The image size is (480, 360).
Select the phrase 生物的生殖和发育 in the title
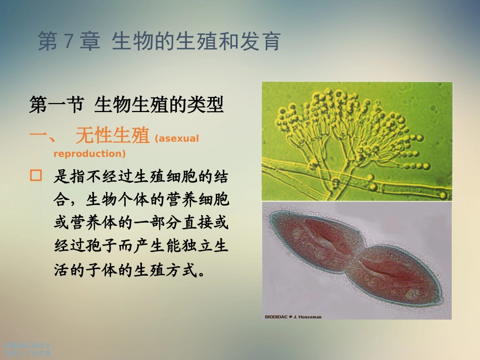point(196,42)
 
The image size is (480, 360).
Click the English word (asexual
point(177,138)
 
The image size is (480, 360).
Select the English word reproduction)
point(89,153)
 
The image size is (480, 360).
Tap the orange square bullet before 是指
point(35,176)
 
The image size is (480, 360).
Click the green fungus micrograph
point(357,141)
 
